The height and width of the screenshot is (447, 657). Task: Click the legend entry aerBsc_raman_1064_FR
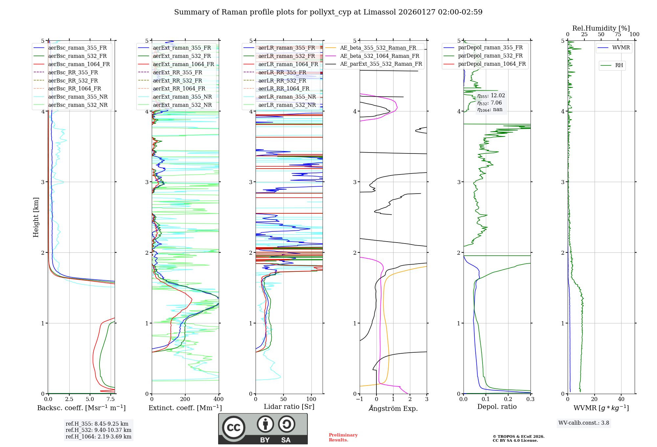79,64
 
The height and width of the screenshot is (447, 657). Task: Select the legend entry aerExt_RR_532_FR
177,81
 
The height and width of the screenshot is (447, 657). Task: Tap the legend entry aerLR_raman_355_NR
287,97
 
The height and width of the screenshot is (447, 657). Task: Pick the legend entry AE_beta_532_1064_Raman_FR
379,56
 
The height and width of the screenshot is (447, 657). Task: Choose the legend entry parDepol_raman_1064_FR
492,64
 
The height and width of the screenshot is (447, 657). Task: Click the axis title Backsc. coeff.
81,408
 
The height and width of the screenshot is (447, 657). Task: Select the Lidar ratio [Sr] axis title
289,407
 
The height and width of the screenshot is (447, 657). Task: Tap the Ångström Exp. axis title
393,409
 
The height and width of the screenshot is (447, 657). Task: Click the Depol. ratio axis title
497,407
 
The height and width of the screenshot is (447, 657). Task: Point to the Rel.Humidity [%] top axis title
601,28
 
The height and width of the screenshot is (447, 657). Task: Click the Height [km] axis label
36,217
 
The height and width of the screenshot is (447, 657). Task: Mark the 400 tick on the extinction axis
218,399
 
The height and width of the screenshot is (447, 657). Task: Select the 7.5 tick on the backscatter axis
111,399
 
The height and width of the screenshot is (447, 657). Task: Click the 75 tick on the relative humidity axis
618,35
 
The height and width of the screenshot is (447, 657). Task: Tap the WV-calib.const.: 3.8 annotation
583,423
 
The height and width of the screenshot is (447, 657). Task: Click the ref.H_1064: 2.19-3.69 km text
98,437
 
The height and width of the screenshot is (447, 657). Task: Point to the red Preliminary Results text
343,437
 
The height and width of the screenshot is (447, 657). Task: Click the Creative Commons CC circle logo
234,428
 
